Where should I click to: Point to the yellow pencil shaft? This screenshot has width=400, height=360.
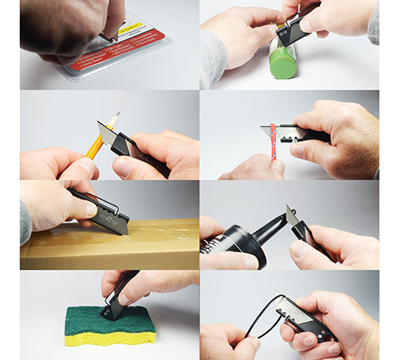96,144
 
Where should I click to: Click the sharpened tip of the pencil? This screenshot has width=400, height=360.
116,115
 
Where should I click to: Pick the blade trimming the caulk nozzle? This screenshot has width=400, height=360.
291,215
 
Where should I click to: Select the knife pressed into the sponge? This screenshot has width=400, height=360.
118,296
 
